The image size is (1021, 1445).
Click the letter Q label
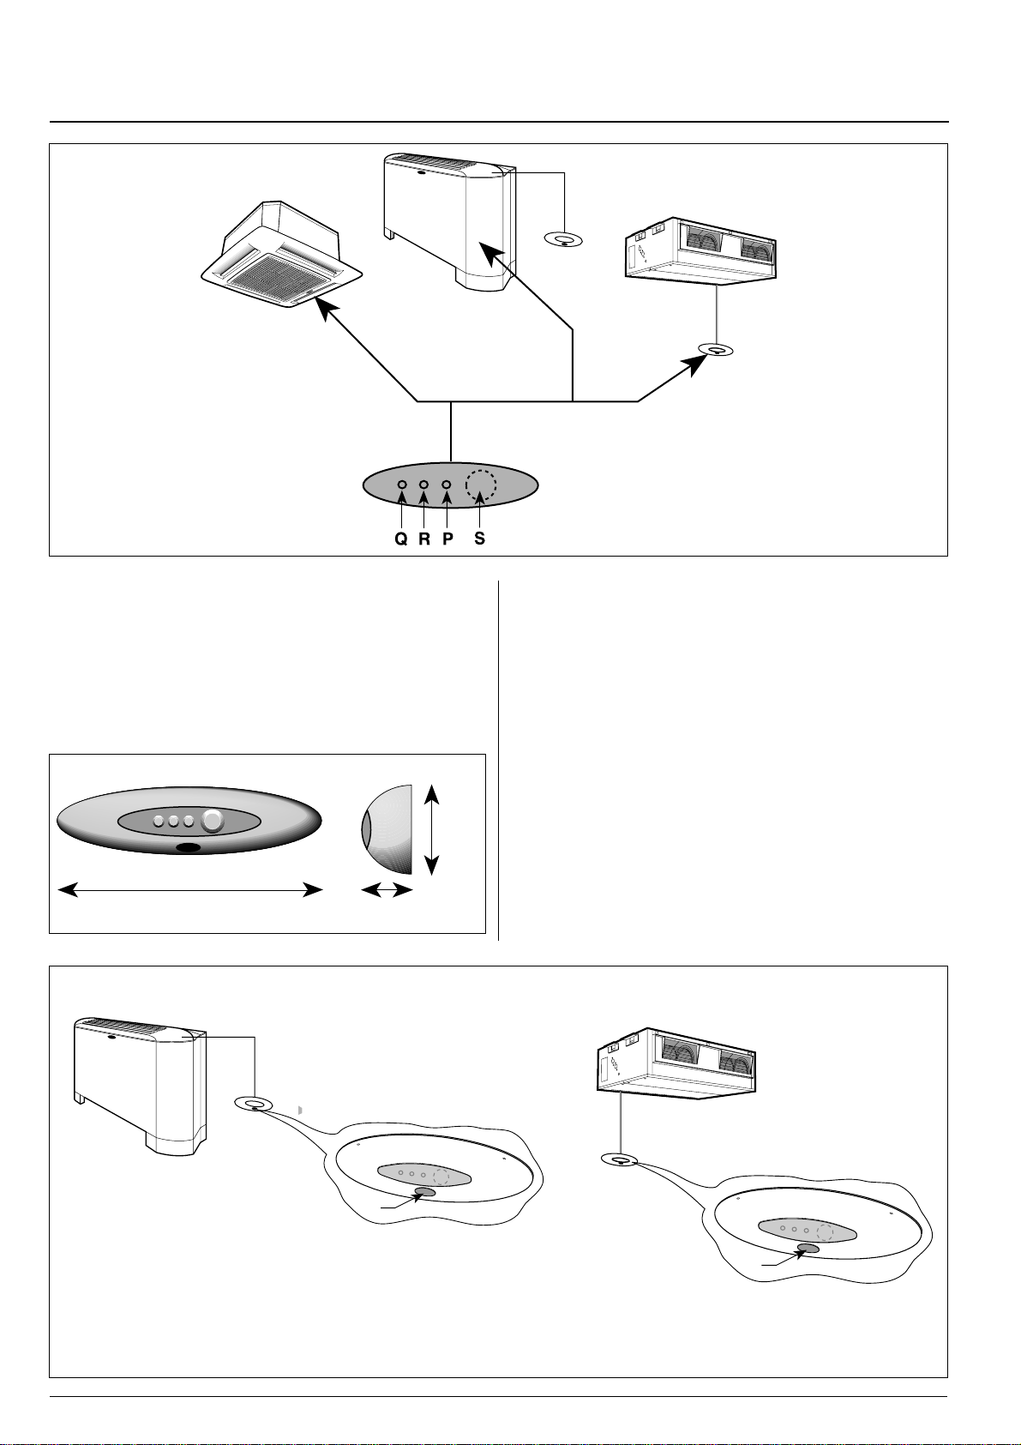[400, 540]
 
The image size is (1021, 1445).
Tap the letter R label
[424, 540]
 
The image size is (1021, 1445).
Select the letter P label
[447, 540]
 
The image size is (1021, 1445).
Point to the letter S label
[480, 540]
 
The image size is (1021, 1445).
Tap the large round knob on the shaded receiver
[212, 822]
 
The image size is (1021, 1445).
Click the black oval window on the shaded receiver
[188, 848]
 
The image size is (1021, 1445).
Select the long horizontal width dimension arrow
[189, 892]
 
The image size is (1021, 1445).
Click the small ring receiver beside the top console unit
[564, 240]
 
